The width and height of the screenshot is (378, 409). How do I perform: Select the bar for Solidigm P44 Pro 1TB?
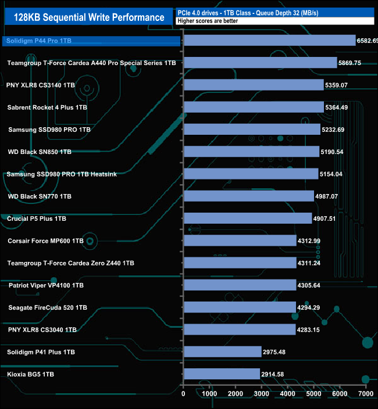click(x=269, y=40)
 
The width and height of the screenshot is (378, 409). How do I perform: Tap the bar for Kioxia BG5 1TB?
click(x=222, y=374)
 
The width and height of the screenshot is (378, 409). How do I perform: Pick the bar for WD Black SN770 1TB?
click(x=248, y=196)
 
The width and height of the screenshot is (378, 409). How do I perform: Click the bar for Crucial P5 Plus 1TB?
click(x=248, y=218)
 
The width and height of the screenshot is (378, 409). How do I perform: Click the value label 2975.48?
click(x=274, y=352)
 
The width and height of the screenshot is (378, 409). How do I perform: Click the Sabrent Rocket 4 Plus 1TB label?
click(x=47, y=107)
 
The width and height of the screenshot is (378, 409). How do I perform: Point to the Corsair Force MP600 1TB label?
click(x=45, y=241)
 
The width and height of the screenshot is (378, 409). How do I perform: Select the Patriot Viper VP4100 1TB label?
click(x=46, y=285)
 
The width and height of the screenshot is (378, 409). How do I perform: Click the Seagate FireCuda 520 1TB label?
click(x=48, y=307)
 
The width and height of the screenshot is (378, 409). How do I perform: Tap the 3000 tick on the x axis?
click(x=261, y=394)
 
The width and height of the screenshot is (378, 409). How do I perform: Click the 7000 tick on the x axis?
click(x=365, y=394)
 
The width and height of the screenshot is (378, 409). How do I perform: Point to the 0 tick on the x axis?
click(x=184, y=394)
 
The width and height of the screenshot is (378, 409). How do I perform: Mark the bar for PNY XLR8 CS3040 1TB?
click(x=240, y=329)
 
